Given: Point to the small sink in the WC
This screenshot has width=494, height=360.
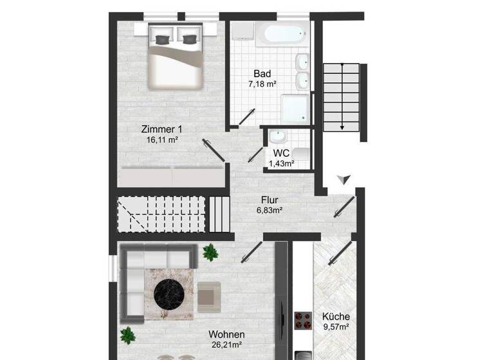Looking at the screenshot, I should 277,137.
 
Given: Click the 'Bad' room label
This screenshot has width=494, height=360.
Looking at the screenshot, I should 262,73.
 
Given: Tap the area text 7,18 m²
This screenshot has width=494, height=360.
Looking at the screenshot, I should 262,84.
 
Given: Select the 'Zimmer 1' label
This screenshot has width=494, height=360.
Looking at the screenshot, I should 161,129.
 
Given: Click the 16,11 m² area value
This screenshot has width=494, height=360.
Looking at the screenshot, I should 161,139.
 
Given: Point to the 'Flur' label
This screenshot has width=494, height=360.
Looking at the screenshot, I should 270,199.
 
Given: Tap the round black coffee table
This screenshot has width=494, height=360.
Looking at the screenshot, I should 170,292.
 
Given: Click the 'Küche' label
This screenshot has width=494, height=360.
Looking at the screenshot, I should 335,316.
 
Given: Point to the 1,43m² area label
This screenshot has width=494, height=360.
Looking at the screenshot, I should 281,164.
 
